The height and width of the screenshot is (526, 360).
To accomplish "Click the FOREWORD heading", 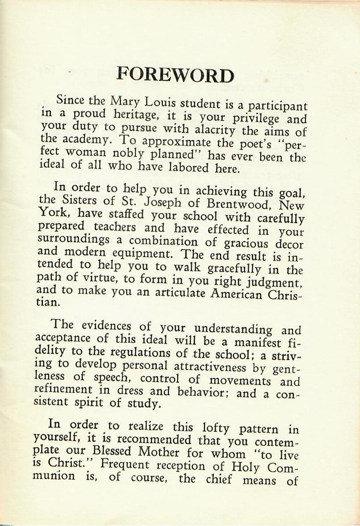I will (175, 75).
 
